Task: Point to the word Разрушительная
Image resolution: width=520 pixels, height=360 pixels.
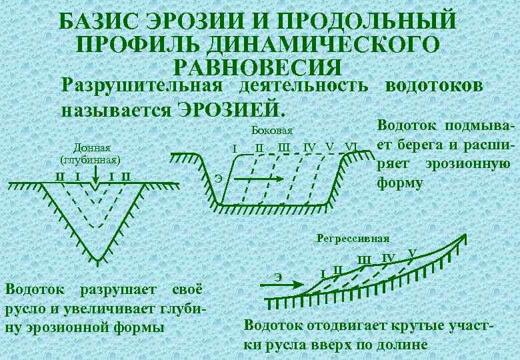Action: pyautogui.click(x=141, y=86)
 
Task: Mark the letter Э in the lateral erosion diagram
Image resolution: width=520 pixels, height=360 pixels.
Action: pyautogui.click(x=219, y=177)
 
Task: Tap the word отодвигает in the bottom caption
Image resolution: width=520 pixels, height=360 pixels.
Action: pyautogui.click(x=345, y=327)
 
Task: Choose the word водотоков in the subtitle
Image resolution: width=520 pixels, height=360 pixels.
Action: pyautogui.click(x=433, y=86)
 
